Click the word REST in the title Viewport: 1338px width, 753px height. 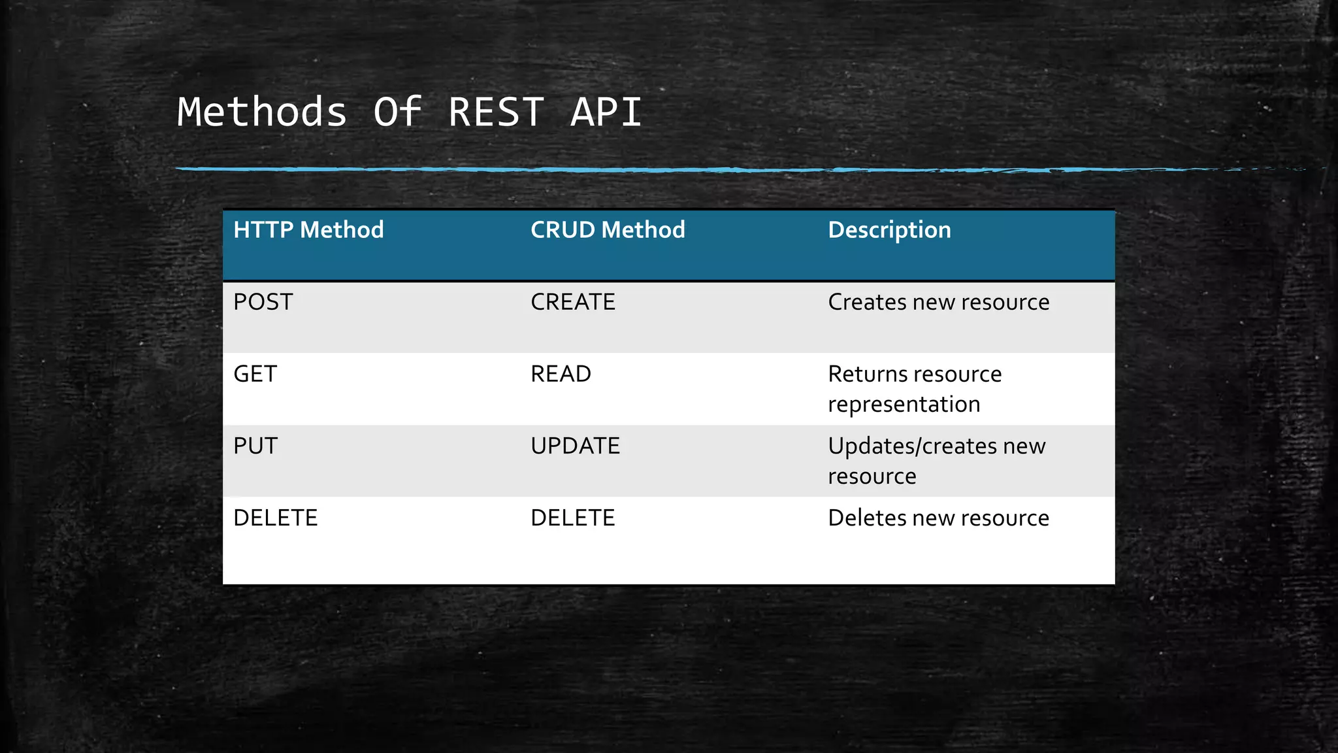(496, 112)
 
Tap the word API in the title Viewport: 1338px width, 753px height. (606, 112)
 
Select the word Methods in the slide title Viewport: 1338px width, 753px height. (262, 112)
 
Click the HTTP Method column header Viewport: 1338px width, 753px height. (308, 230)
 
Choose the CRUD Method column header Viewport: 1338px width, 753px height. (608, 230)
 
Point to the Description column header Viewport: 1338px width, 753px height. (889, 230)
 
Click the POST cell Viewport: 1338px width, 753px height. (263, 302)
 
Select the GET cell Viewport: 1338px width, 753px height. (255, 374)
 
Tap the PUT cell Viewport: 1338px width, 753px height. (255, 446)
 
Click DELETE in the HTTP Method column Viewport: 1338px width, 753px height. (275, 518)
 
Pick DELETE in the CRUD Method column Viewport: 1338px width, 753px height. (572, 518)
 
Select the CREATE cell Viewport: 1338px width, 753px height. (572, 302)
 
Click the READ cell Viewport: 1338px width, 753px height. (561, 374)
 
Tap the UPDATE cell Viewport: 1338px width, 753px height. (575, 446)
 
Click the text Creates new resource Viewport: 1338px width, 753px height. (938, 302)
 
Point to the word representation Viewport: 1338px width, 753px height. (904, 405)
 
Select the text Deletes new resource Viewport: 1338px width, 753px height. (938, 518)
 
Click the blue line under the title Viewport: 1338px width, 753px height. (588, 169)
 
